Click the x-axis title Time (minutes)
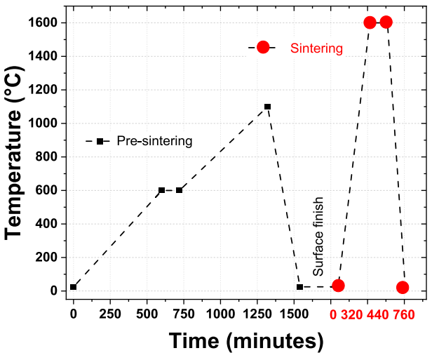pos(246,342)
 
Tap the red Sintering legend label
pos(316,48)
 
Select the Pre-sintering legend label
pos(154,141)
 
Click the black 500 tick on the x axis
pos(147,312)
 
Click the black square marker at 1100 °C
pos(267,107)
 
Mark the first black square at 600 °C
pos(161,190)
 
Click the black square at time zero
pos(73,287)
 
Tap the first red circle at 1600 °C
pos(370,22)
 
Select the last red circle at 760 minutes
pos(403,287)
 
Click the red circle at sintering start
pos(338,286)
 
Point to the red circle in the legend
pos(262,47)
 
